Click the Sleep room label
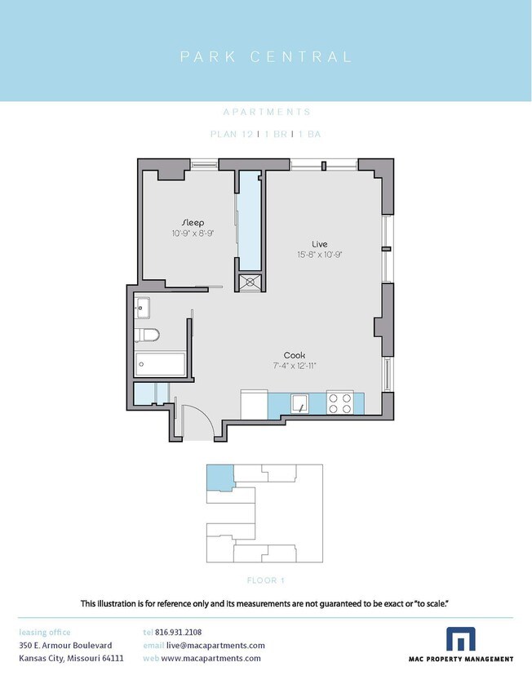193,223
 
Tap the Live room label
319,244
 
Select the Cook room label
295,355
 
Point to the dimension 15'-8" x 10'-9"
319,255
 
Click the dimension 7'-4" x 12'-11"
295,366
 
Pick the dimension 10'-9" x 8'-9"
193,233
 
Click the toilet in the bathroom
147,335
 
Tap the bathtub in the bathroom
161,364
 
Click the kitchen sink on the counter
299,403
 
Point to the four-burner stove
339,403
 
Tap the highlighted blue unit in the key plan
220,478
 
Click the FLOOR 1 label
266,580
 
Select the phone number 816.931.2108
179,633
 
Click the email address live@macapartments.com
215,646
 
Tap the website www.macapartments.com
211,658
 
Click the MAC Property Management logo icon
461,638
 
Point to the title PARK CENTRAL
266,56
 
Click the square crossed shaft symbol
250,282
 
